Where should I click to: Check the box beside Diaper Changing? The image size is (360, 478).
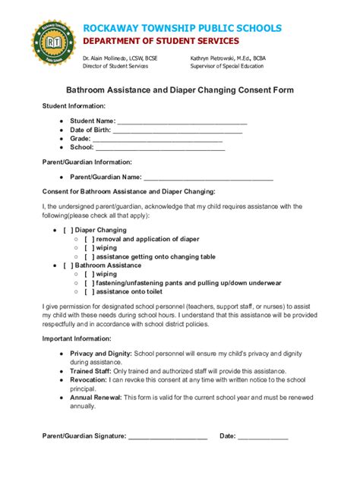point(68,229)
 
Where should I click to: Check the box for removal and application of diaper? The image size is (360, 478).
point(89,238)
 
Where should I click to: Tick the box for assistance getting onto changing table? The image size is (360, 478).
point(89,256)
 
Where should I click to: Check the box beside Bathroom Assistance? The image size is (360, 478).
point(68,266)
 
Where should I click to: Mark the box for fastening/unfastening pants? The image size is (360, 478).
point(89,283)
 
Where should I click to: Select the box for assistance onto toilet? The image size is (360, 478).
point(89,291)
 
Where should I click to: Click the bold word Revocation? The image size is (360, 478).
point(89,379)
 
